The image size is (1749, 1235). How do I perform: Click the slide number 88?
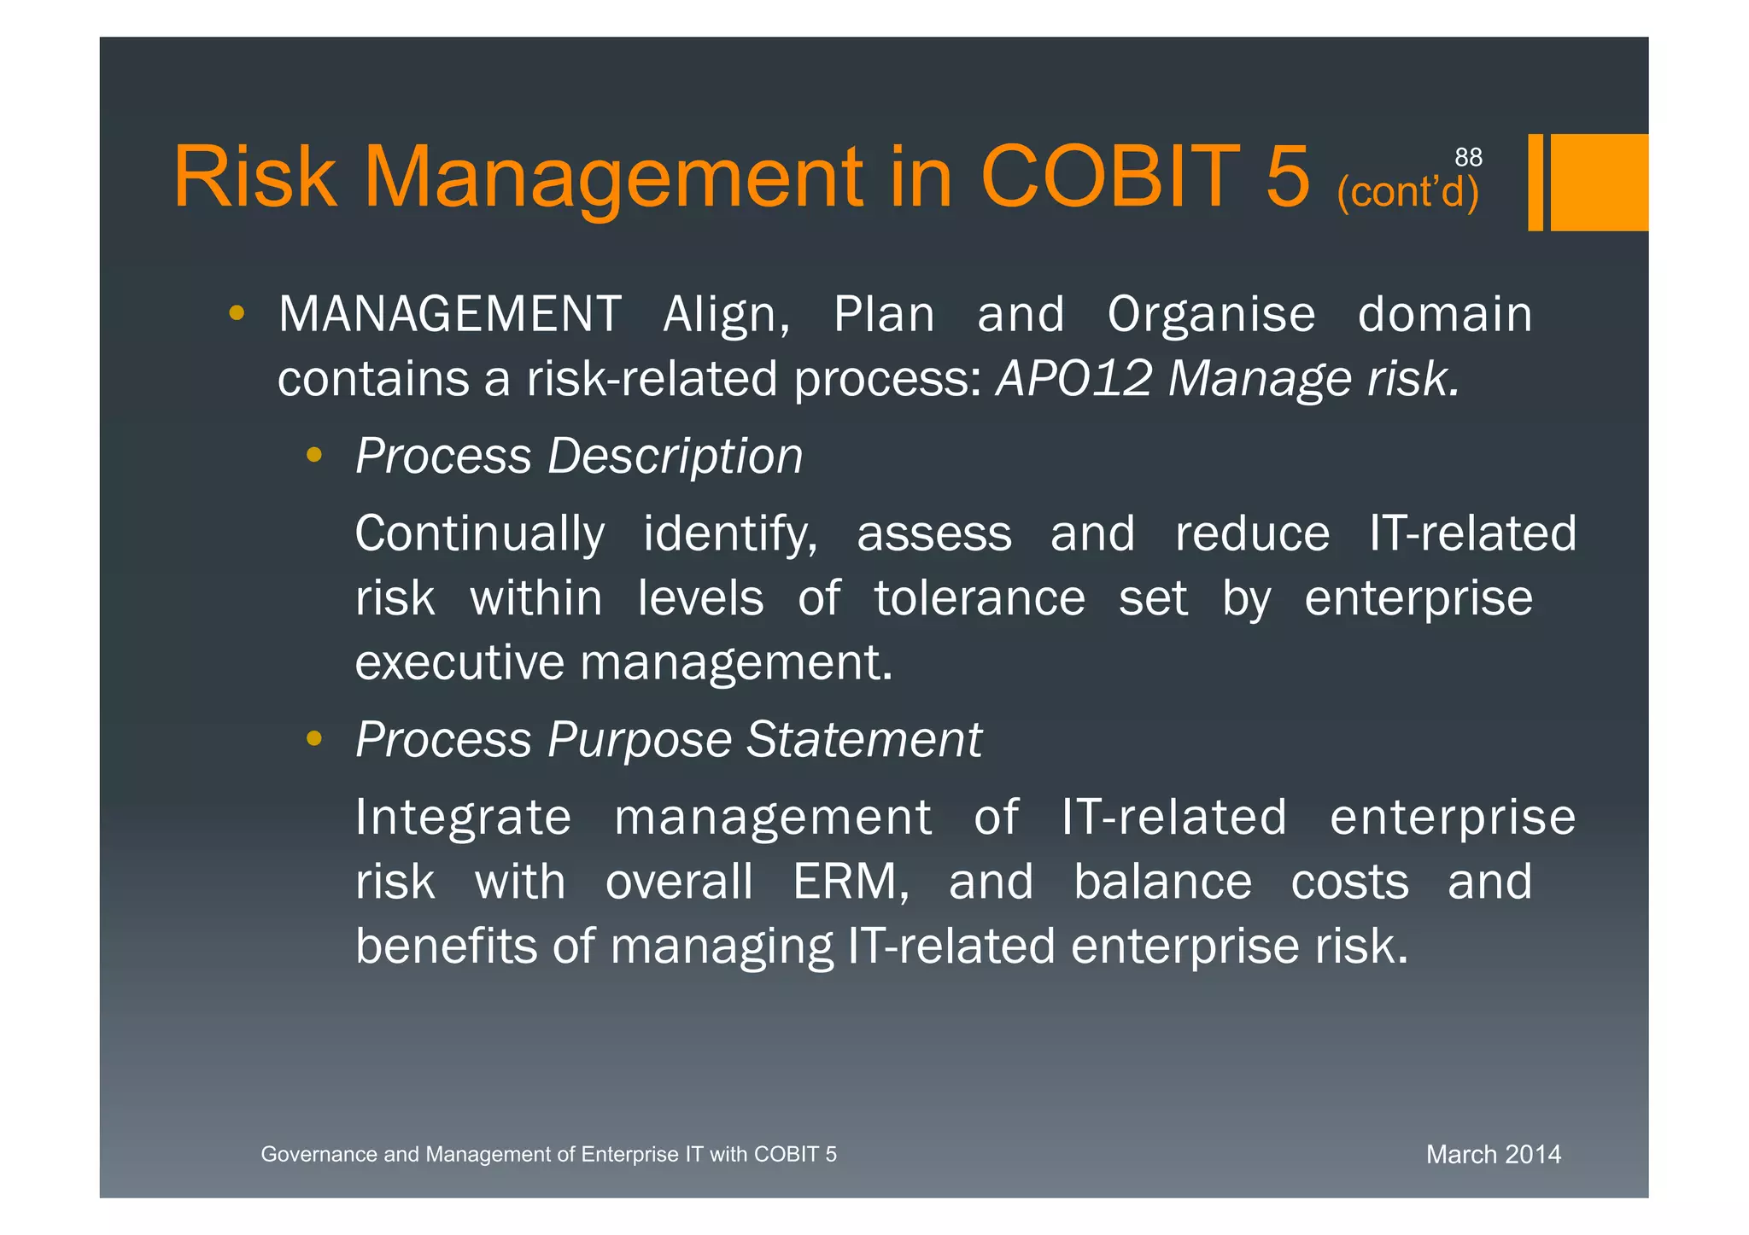(1468, 157)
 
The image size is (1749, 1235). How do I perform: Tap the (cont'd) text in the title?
(1407, 191)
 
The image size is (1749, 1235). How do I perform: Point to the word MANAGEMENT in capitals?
(450, 314)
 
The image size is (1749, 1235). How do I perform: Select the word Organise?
(1211, 314)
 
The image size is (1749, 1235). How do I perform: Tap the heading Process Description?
(579, 456)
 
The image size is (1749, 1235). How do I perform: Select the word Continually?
(480, 534)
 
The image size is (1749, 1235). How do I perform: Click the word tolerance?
(980, 598)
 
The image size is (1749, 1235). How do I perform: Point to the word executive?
(459, 663)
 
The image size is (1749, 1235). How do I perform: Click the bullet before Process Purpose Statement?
(314, 738)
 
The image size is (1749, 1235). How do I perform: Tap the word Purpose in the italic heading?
(639, 739)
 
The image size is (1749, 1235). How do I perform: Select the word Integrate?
(463, 818)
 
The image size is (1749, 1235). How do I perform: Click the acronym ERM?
(850, 882)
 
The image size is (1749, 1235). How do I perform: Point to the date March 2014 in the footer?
(1493, 1155)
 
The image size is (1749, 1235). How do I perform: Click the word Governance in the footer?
(319, 1155)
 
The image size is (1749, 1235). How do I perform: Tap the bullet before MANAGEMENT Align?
(237, 314)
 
